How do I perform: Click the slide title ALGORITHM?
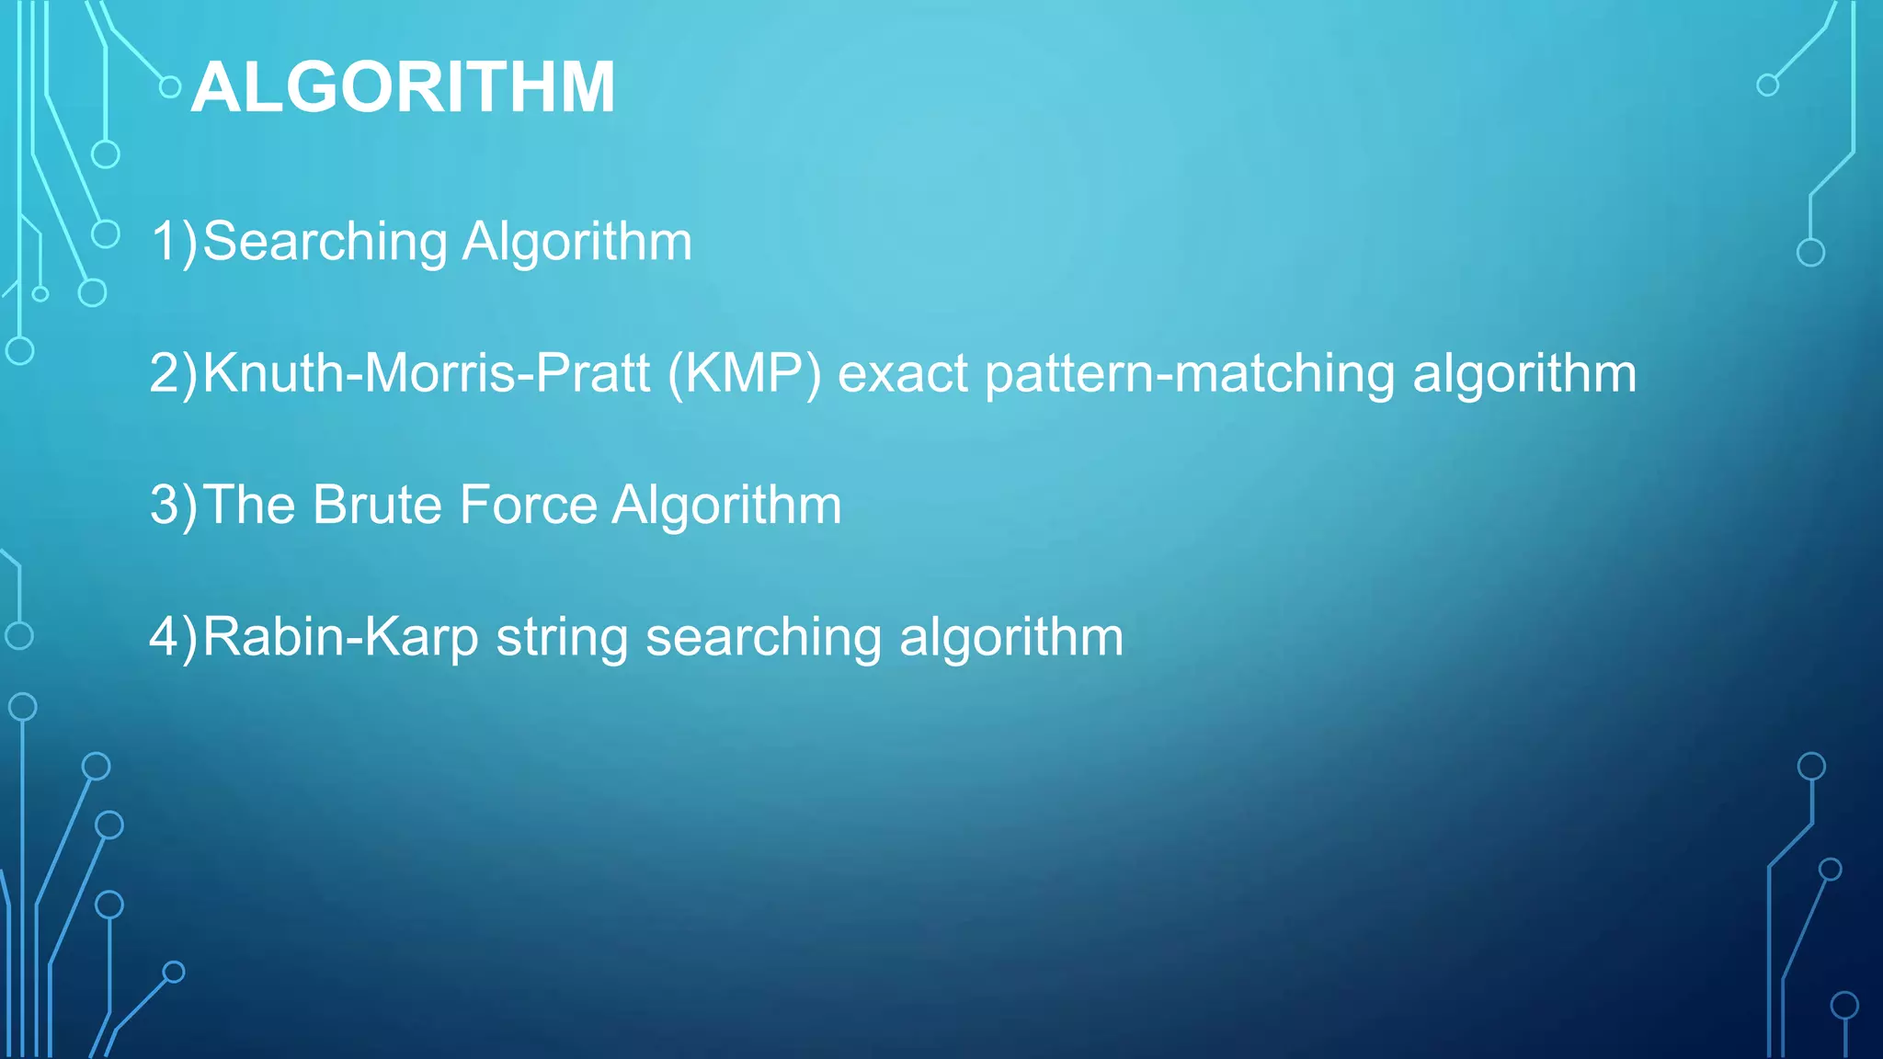pyautogui.click(x=403, y=87)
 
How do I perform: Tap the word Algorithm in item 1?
pyautogui.click(x=576, y=241)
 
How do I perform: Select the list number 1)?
pyautogui.click(x=174, y=242)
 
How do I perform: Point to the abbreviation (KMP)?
pyautogui.click(x=744, y=374)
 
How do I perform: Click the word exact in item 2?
pyautogui.click(x=902, y=374)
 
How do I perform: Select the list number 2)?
pyautogui.click(x=174, y=373)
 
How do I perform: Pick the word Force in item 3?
pyautogui.click(x=528, y=505)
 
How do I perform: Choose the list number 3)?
pyautogui.click(x=174, y=506)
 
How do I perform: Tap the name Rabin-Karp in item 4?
pyautogui.click(x=340, y=638)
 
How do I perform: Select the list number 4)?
pyautogui.click(x=174, y=637)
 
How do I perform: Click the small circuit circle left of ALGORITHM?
pyautogui.click(x=170, y=87)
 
